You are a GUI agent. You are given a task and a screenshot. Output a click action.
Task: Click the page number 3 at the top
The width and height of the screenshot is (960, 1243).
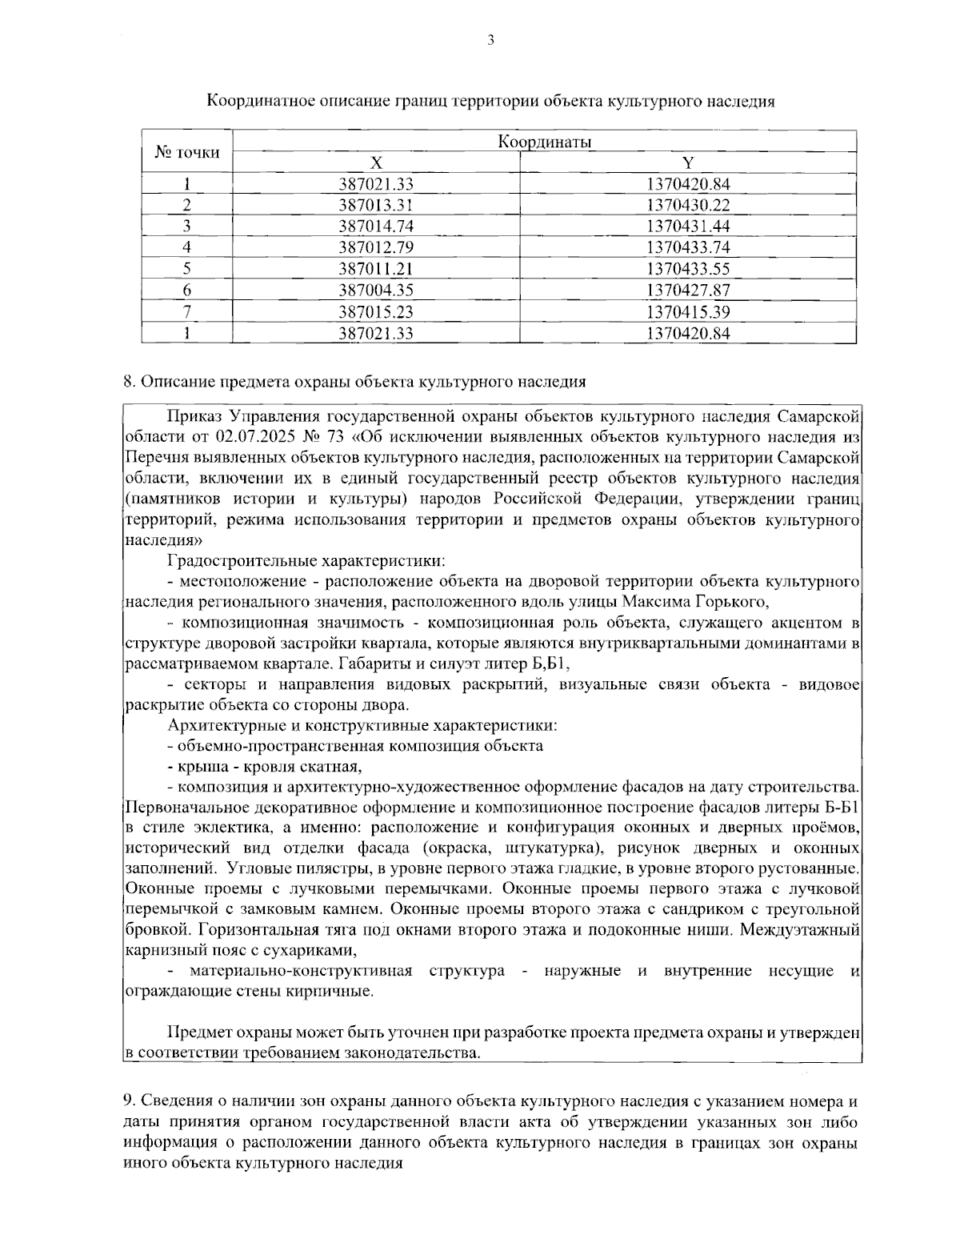tap(490, 40)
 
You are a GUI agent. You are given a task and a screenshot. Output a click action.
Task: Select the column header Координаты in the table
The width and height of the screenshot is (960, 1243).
tap(544, 142)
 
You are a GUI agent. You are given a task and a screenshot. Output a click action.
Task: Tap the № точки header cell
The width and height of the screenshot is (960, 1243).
tap(186, 152)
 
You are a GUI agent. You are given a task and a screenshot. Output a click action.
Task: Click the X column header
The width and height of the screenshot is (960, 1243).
tap(375, 163)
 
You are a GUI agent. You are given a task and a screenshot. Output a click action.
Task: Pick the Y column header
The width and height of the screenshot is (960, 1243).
tap(687, 163)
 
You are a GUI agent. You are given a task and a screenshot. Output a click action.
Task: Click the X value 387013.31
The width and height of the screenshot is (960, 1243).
tap(375, 206)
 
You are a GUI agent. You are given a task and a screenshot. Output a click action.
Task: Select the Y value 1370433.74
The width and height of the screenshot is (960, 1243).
tap(687, 247)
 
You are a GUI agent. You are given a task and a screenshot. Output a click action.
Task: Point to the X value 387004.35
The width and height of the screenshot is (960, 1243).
tap(375, 290)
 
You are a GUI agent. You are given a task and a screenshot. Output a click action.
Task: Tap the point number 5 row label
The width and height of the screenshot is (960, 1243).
tap(186, 269)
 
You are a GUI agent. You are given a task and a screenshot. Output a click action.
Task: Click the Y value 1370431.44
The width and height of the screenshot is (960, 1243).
tap(687, 227)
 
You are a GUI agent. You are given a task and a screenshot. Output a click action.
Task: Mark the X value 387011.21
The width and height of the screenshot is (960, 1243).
tap(375, 269)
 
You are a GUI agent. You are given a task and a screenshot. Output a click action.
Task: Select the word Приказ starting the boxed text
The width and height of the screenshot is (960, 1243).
tap(194, 416)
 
